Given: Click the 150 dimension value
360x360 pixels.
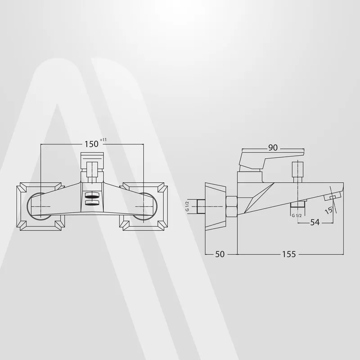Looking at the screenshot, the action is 91,144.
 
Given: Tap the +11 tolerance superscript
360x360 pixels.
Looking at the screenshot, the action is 103,140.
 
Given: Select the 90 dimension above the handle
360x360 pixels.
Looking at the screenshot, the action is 273,148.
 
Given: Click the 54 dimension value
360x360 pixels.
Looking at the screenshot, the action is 315,222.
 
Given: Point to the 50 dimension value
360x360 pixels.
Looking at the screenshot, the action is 220,254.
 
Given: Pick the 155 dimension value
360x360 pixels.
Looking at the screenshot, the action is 289,254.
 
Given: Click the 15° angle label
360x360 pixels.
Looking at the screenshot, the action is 329,210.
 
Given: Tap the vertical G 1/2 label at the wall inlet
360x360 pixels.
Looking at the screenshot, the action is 187,206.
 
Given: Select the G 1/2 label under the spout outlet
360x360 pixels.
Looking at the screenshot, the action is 297,216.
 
